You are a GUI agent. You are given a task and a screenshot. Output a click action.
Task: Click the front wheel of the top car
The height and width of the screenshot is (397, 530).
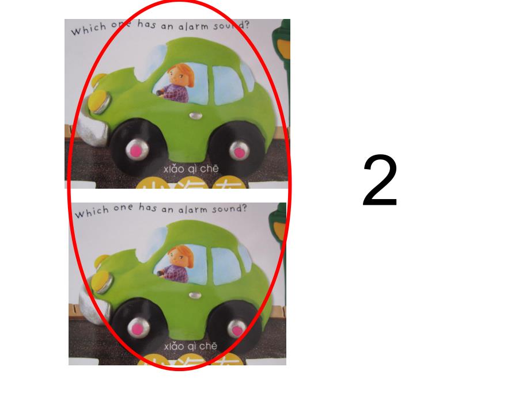click(136, 150)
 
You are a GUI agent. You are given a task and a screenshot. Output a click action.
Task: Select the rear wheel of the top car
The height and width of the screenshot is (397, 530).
click(237, 151)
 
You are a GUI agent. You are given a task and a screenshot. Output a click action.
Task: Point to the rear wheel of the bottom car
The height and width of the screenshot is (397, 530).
click(237, 329)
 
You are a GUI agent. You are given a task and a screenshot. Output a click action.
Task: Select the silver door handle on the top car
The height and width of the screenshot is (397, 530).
click(196, 116)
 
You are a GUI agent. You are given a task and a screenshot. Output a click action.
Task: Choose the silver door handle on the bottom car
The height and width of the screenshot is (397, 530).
click(196, 295)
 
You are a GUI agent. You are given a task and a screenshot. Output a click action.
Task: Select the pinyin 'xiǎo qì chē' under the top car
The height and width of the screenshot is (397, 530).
click(191, 168)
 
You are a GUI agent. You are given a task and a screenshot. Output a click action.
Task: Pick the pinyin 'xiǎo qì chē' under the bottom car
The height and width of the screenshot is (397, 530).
click(191, 346)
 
